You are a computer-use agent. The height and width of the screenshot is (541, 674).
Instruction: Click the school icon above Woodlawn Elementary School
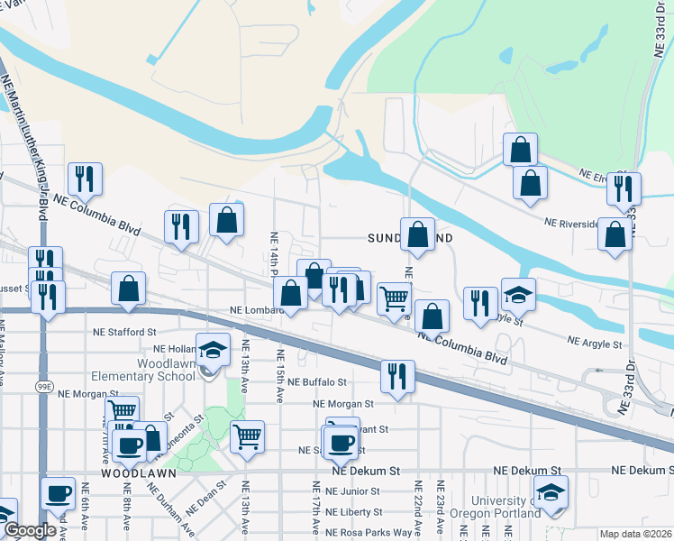[x=213, y=350]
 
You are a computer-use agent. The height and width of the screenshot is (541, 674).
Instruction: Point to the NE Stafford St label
[x=125, y=332]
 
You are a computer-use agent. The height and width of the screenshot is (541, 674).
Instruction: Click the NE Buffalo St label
[x=318, y=382]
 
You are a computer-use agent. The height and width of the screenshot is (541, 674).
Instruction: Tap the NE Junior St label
[x=353, y=491]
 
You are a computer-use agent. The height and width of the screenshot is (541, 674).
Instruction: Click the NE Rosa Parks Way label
[x=369, y=532]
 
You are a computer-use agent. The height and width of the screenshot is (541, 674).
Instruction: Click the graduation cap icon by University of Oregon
[x=551, y=492]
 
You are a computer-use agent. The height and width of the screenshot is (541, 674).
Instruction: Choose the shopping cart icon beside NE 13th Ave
[x=247, y=437]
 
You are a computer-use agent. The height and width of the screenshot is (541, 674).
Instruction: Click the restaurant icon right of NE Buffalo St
[x=396, y=376]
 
